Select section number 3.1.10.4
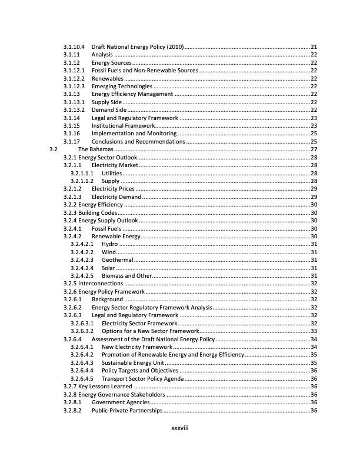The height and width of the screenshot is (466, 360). [x=74, y=46]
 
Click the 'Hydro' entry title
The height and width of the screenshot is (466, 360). [x=110, y=244]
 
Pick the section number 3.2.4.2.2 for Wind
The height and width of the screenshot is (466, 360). [x=82, y=252]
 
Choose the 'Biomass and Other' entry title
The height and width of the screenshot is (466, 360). [x=126, y=275]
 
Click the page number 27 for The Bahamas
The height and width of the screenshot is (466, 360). [x=314, y=150]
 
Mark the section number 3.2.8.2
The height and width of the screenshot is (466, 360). [x=74, y=411]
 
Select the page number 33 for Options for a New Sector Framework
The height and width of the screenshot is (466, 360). [x=314, y=331]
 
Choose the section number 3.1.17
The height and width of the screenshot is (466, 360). [x=72, y=142]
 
